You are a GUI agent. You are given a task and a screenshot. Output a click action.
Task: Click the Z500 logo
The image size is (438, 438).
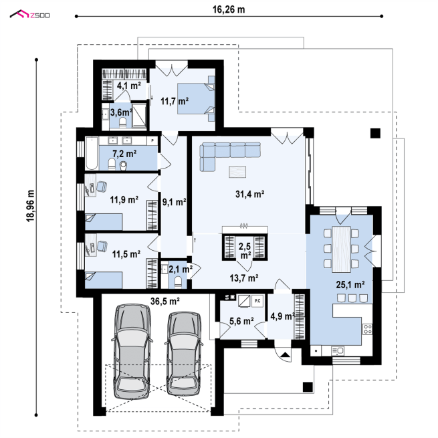coord(29,14)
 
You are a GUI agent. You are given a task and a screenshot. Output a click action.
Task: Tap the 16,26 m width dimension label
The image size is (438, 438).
coord(229,9)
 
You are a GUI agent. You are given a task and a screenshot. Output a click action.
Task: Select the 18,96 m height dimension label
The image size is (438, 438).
coord(31,206)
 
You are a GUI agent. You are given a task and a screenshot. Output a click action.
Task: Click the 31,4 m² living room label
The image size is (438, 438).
coord(249,194)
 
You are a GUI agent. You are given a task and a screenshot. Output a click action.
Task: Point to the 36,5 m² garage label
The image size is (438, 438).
coord(165,301)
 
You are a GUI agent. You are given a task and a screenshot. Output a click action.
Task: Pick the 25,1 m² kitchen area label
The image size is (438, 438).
coord(350,285)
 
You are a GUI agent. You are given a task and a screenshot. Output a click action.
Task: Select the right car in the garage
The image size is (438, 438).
coord(183,353)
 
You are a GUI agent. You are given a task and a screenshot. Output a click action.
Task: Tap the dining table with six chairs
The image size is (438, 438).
coord(341,249)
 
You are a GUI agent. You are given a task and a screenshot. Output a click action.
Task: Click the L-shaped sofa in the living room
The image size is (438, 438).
coord(229,156)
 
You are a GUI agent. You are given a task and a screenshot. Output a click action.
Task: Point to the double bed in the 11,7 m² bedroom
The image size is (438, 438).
coord(196,98)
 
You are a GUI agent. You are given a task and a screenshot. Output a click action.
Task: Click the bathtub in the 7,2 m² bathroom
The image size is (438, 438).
coord(92,153)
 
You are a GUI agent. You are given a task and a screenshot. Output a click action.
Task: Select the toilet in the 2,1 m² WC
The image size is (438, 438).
coord(178,282)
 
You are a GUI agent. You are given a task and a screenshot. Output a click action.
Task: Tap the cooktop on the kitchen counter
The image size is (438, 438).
coord(368,329)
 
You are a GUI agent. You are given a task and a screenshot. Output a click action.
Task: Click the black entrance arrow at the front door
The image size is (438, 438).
coord(286,355)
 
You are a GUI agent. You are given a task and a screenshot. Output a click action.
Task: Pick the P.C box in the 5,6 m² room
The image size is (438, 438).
coord(257,301)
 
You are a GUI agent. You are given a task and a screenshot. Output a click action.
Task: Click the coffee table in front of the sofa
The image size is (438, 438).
coord(237,172)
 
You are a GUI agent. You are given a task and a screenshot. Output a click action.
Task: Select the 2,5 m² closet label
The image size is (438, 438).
coord(245,250)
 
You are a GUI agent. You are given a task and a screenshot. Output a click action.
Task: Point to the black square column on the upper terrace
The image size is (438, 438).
coord(375,133)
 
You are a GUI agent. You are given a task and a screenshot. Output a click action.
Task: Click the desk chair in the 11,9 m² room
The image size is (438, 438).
coord(102,187)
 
